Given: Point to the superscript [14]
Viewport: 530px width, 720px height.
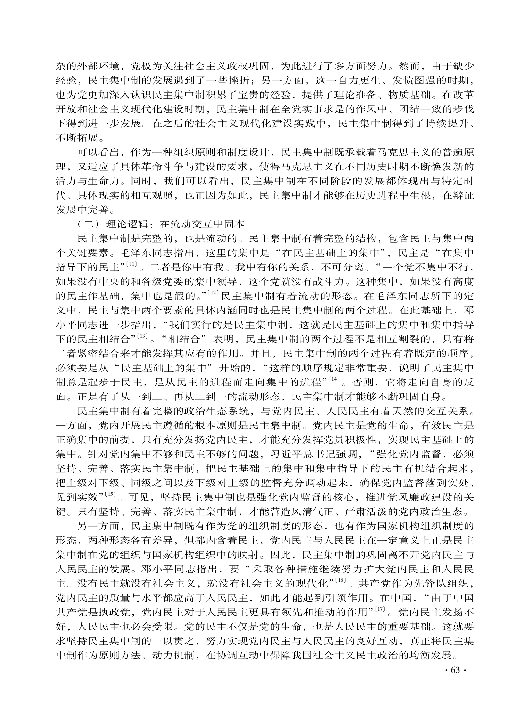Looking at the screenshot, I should (334, 379).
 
